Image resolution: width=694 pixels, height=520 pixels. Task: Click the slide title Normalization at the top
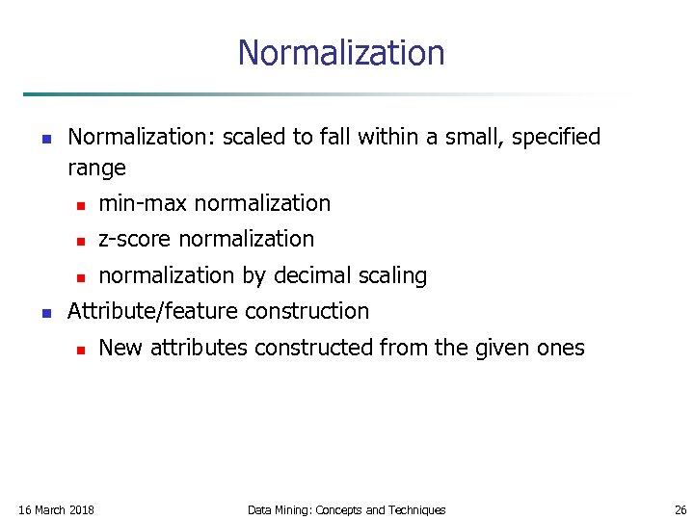click(x=341, y=52)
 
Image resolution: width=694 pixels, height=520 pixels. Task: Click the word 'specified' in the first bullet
click(x=556, y=138)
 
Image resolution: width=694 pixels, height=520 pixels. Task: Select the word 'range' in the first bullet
click(x=96, y=169)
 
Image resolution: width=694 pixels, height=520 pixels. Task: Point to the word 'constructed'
click(x=310, y=348)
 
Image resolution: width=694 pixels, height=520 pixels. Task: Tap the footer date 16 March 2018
click(x=56, y=509)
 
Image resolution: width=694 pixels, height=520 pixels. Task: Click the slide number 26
click(x=681, y=509)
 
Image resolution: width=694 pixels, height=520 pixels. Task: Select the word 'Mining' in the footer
click(x=294, y=509)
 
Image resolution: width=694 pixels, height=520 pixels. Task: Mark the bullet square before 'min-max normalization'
click(x=82, y=205)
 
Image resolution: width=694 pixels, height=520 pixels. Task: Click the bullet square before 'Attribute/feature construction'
click(x=45, y=312)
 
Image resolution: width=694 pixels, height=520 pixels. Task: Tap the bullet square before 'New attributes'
click(x=82, y=350)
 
